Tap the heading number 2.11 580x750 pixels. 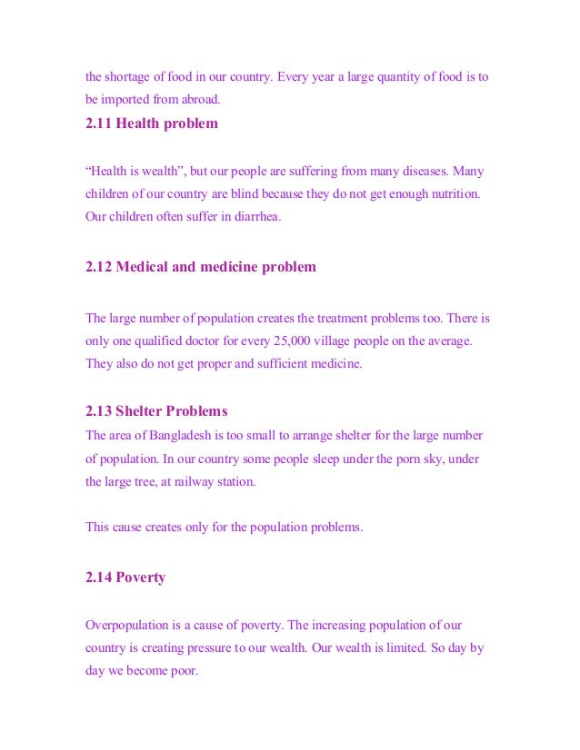99,123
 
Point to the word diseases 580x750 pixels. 421,171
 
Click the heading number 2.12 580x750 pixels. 99,267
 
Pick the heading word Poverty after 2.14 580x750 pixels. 141,577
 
